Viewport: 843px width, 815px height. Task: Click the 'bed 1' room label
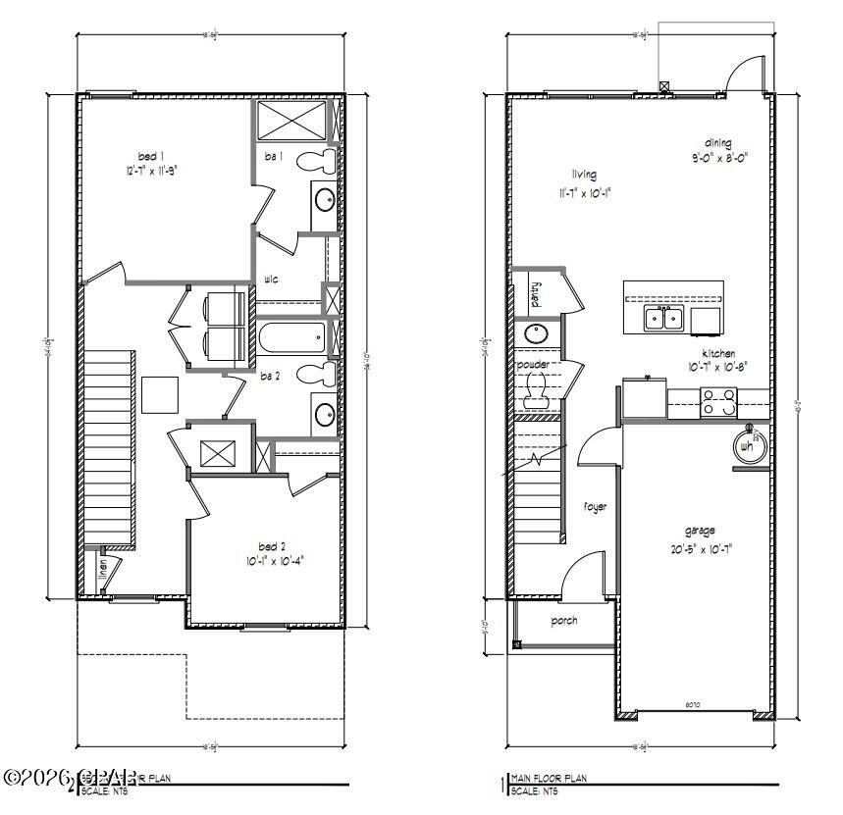150,156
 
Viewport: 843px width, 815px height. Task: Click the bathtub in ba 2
290,340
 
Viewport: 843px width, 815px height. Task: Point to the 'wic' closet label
272,280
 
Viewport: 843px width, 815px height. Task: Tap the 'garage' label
700,531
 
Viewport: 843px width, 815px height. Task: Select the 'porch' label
564,621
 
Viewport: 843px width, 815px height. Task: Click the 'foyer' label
596,507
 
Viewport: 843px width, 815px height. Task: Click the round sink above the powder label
536,333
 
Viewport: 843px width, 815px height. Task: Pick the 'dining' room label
717,143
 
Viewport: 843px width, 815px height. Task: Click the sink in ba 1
324,199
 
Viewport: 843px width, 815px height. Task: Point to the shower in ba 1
291,122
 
